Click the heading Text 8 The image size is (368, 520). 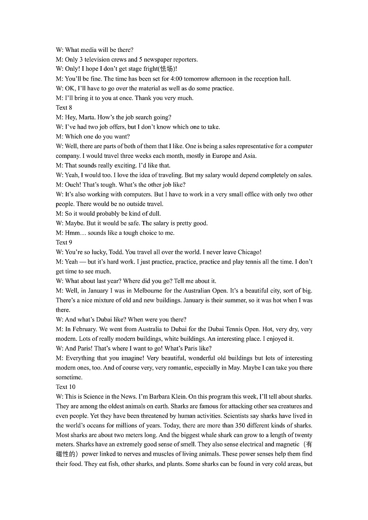pyautogui.click(x=64, y=108)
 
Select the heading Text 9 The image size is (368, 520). pyautogui.click(x=64, y=243)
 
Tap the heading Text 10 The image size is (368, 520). pyautogui.click(x=65, y=387)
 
